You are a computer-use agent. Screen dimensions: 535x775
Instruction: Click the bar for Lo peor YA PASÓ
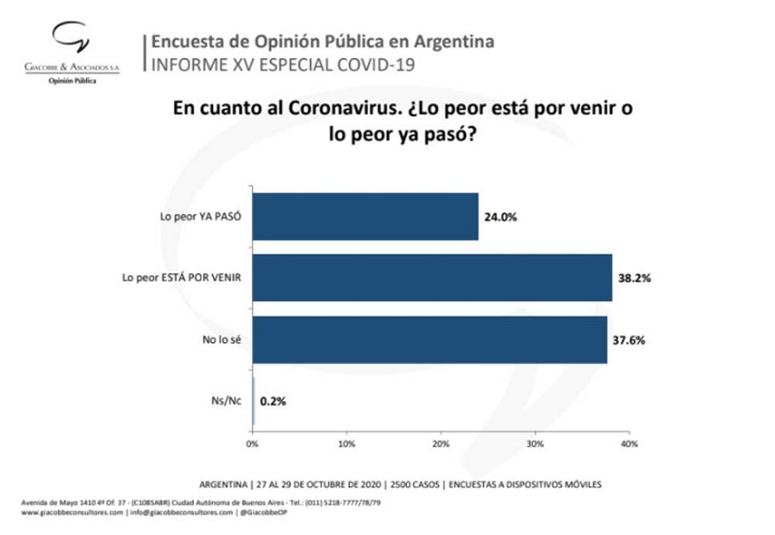coord(365,217)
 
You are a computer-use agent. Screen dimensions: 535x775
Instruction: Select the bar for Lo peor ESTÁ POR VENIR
coord(432,278)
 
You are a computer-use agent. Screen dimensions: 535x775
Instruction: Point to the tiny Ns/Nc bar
coord(254,400)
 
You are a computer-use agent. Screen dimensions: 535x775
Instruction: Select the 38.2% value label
coord(632,278)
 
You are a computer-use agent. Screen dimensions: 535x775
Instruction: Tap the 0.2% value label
coord(273,400)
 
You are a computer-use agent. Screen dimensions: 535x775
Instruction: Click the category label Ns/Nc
coord(230,400)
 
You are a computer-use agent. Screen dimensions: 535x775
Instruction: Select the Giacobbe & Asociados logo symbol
coord(70,41)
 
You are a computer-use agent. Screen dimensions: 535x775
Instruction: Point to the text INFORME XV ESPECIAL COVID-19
coord(277,64)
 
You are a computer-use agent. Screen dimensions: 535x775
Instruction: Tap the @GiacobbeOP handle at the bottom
coord(265,512)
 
